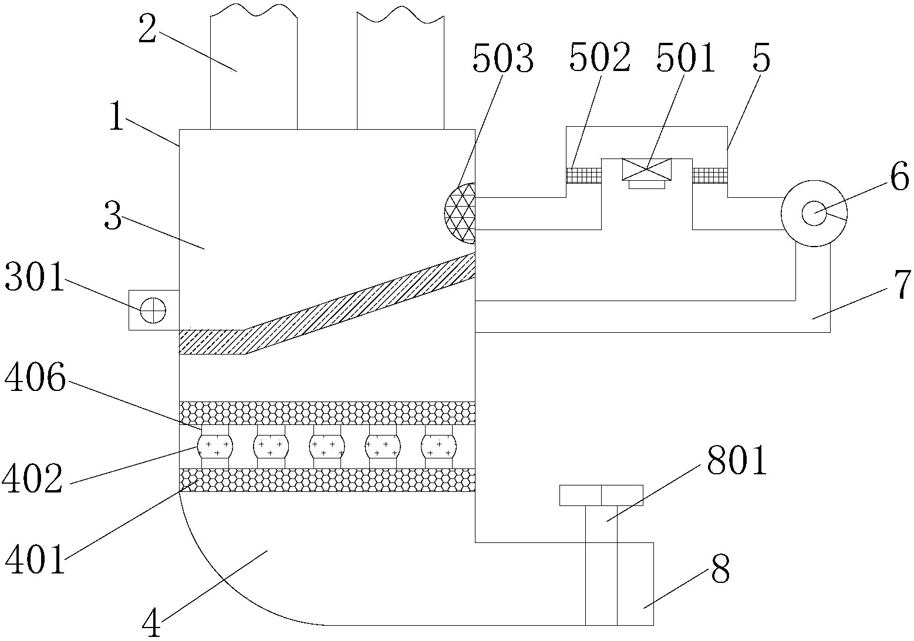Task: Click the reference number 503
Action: click(503, 60)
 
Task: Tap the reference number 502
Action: click(599, 60)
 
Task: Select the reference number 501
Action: click(686, 60)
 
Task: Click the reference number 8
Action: click(720, 569)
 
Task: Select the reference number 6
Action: click(899, 178)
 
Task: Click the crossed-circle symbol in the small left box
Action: click(153, 309)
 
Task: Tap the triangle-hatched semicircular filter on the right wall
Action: click(460, 213)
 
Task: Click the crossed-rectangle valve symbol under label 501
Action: click(646, 169)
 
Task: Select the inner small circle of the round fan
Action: click(814, 212)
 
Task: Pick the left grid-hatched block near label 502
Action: click(584, 175)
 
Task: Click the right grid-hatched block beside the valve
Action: click(710, 175)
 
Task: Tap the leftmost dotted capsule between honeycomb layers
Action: click(214, 447)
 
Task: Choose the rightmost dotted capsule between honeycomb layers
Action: click(438, 447)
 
